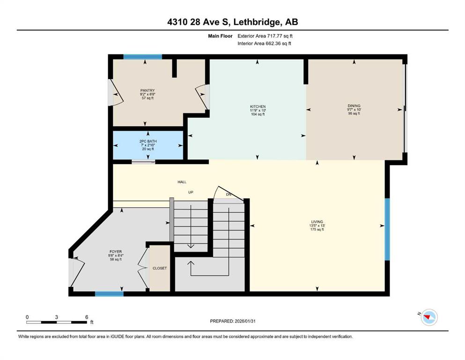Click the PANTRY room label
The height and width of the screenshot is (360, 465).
pos(148,90)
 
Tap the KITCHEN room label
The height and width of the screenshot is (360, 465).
pos(258,106)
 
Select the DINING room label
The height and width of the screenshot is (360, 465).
pos(354,105)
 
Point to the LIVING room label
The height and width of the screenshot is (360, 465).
pos(317,222)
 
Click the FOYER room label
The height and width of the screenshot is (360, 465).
pos(116,252)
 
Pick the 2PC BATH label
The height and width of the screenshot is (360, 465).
pos(148,141)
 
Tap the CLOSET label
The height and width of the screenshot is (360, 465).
pos(160,268)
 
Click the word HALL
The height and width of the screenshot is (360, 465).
pos(182,182)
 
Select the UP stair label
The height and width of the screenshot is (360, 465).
pos(191,192)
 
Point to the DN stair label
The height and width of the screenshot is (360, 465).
pos(229,195)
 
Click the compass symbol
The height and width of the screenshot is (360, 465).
pos(429,317)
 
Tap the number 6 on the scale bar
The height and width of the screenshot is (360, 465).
pos(87,317)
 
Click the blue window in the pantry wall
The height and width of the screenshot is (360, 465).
pos(143,57)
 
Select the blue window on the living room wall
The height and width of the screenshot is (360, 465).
pos(387,229)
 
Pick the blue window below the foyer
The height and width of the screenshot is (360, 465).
pos(109,294)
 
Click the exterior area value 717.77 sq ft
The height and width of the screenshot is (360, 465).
pos(280,36)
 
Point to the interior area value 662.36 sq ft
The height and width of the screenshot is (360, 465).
pos(278,43)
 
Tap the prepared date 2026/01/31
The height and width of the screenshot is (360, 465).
pos(245,321)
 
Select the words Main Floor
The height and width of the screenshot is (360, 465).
pos(220,36)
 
